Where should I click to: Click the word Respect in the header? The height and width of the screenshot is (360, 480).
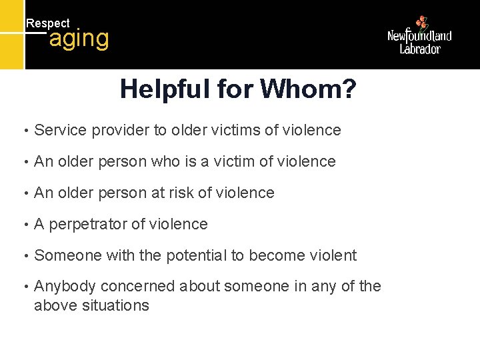47,23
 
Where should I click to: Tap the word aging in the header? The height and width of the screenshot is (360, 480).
79,39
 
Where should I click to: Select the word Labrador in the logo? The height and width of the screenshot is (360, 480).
420,49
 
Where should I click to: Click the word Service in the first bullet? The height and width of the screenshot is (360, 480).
60,130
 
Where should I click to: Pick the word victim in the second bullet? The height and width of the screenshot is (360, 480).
233,161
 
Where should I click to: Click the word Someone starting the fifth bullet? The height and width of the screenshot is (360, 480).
64,255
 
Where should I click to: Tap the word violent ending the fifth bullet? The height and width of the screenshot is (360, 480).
333,255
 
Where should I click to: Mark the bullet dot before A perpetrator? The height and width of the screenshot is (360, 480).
25,225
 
